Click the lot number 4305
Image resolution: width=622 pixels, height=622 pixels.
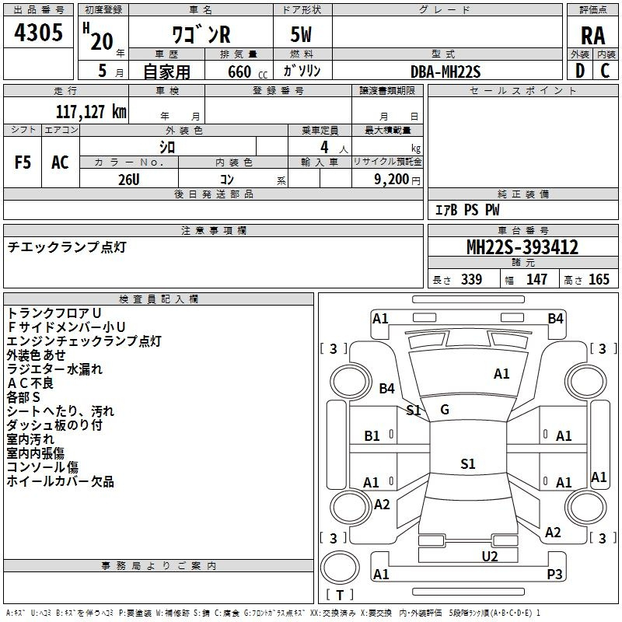(38, 32)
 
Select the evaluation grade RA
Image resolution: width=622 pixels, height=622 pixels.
(592, 36)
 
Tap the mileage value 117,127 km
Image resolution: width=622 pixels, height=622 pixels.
(91, 111)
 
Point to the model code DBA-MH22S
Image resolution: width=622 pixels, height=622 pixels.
(446, 72)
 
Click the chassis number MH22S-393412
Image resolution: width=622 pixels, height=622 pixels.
(522, 247)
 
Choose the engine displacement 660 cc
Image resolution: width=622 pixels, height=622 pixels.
(247, 72)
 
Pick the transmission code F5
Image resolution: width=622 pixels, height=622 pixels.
(23, 162)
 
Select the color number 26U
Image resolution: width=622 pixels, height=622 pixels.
(129, 180)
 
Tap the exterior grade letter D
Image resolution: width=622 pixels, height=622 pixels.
(580, 71)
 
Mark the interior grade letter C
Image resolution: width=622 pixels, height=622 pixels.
(605, 71)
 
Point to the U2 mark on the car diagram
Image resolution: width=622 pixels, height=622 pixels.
(490, 556)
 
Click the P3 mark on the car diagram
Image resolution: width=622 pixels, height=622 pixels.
(554, 574)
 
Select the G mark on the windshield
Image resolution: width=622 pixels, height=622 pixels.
(445, 410)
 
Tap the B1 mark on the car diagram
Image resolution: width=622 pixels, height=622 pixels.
(372, 436)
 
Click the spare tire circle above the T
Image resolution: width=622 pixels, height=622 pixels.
(340, 568)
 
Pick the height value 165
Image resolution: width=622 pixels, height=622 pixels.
(599, 279)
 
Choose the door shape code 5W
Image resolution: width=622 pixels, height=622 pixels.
(301, 34)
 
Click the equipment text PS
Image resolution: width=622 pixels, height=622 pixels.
(471, 210)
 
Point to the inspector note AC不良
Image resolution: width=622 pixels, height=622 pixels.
(30, 383)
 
